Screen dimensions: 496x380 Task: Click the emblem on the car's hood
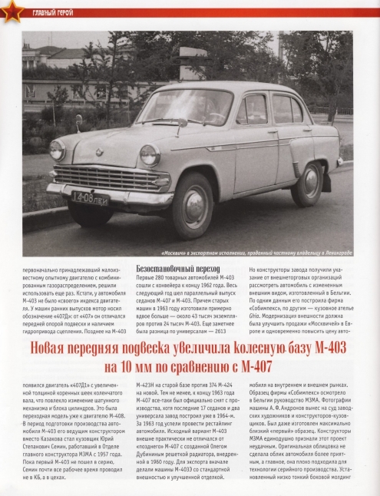coord(99,151)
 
